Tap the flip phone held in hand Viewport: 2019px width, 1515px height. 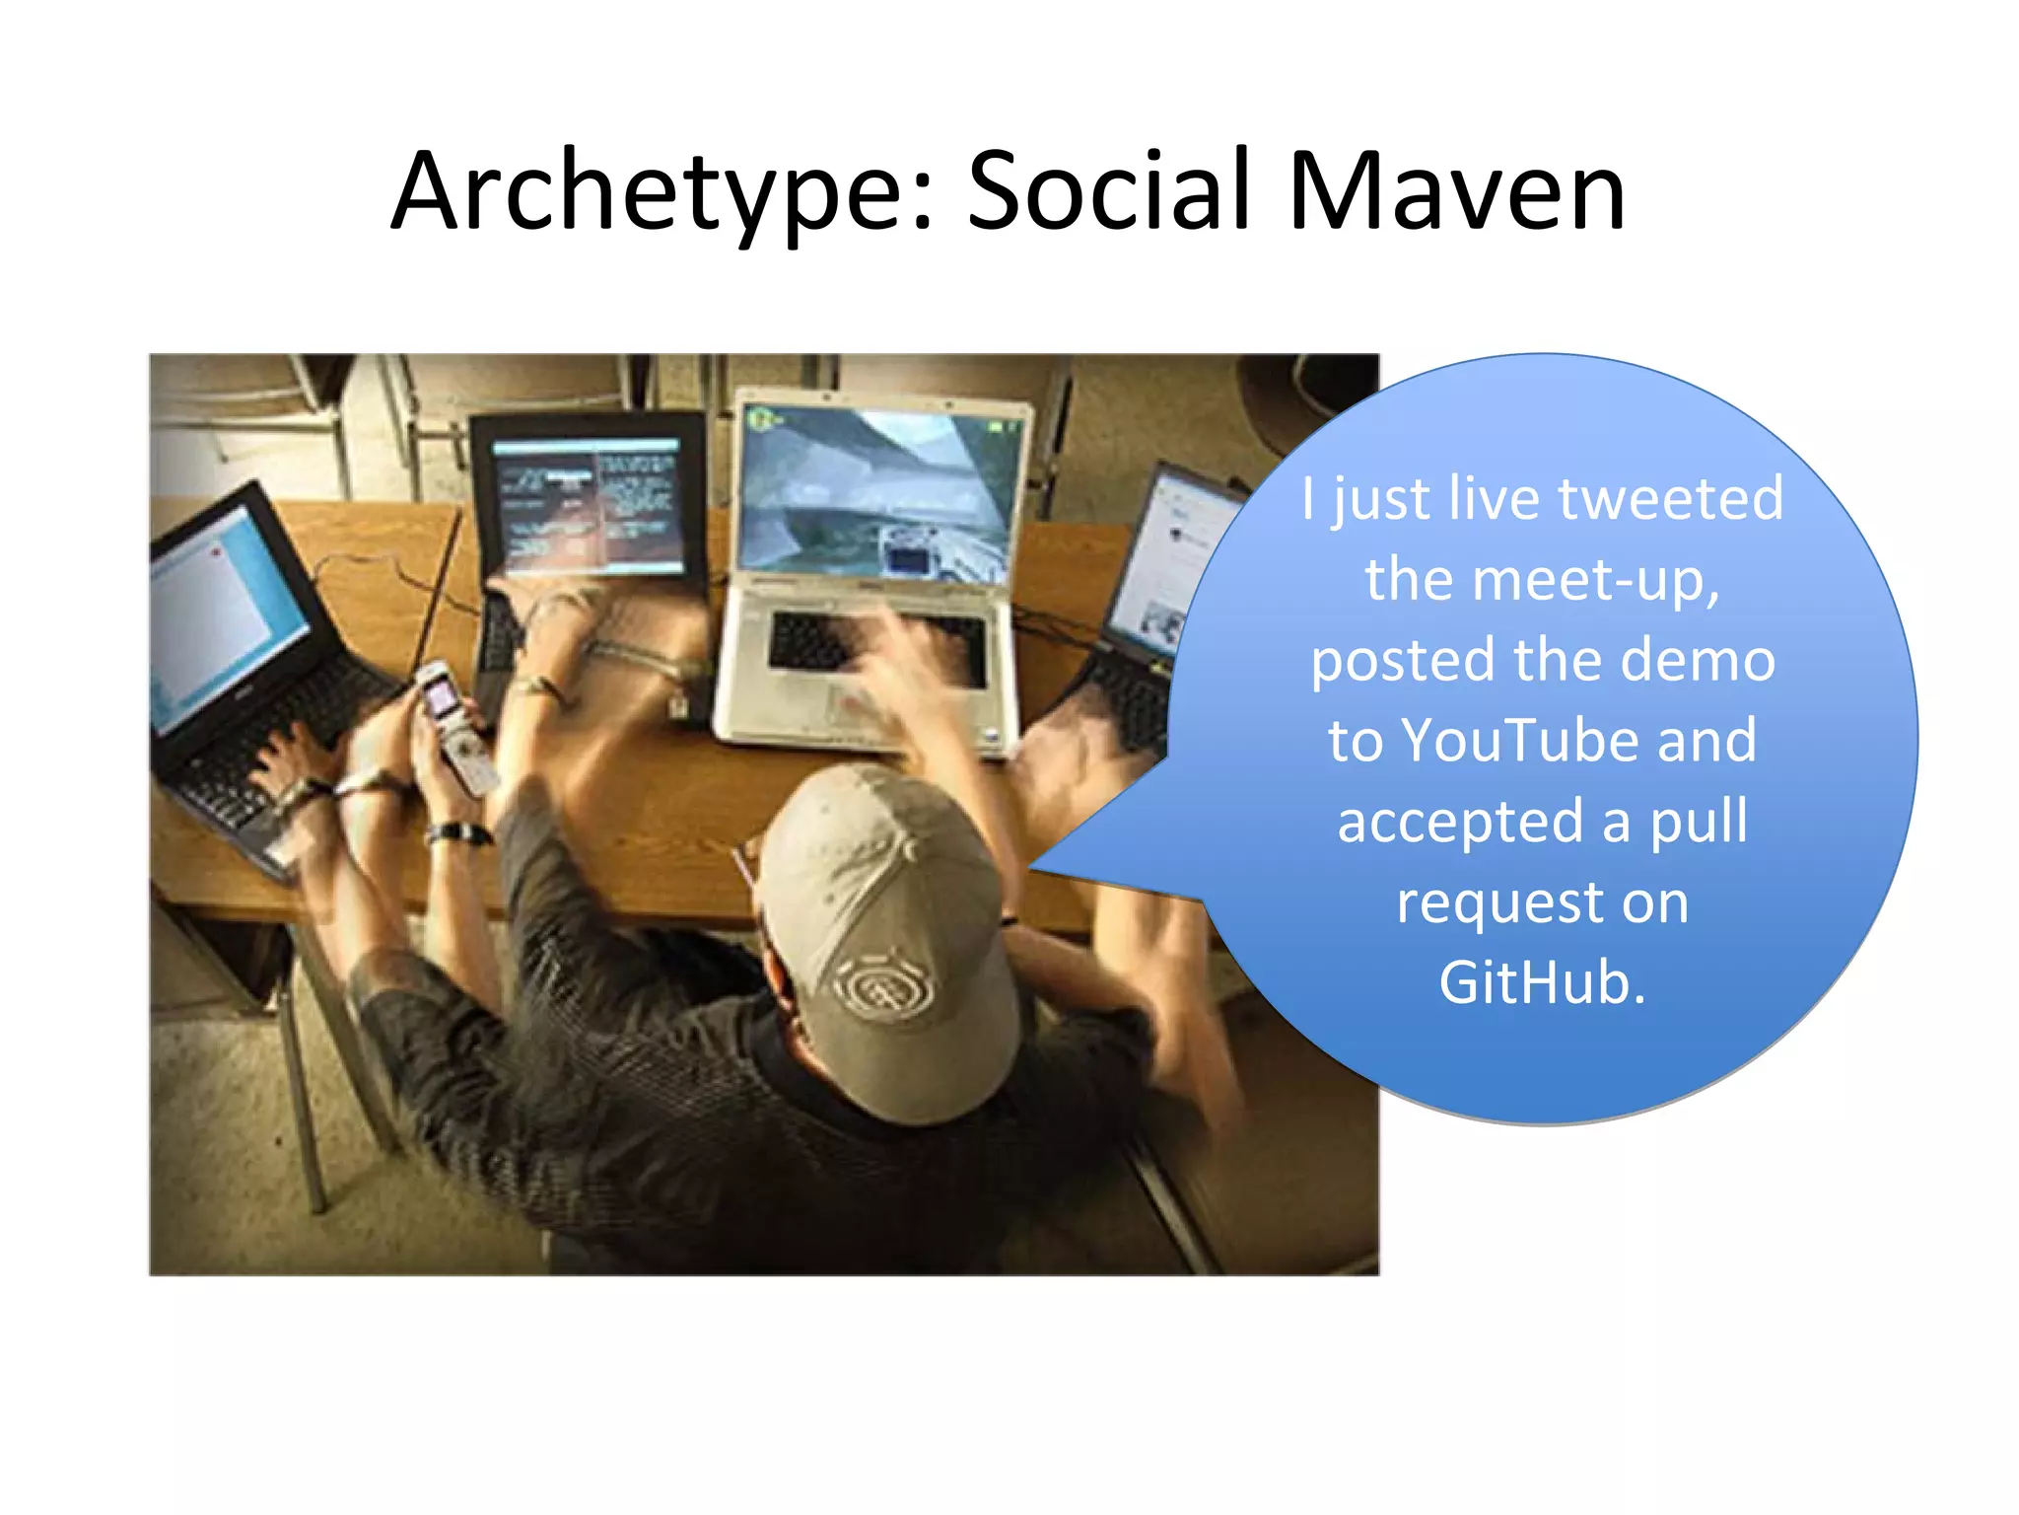click(453, 725)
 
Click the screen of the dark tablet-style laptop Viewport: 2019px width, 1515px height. click(590, 508)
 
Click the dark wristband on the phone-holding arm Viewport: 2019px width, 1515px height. click(458, 833)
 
